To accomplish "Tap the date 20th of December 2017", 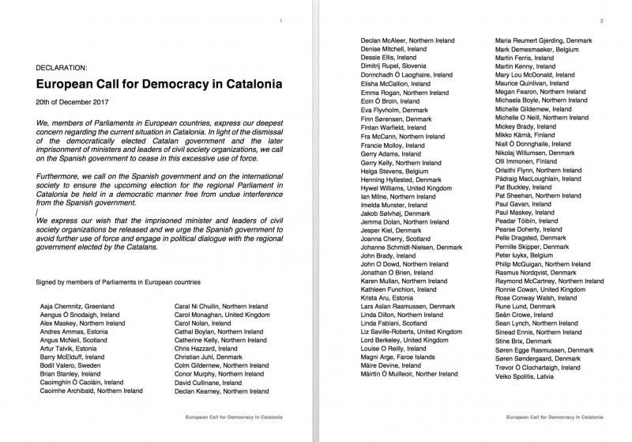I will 72,103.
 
